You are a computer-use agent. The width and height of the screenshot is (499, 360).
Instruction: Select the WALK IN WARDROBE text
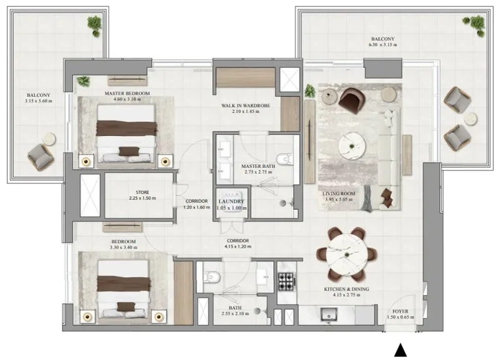pos(246,105)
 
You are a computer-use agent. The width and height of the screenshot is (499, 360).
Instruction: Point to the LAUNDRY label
pos(231,202)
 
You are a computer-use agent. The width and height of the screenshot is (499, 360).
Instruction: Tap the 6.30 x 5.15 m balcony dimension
pos(383,46)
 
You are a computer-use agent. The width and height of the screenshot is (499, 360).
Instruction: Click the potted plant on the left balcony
pos(95,24)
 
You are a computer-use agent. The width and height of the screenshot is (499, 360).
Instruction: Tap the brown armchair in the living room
pos(352,98)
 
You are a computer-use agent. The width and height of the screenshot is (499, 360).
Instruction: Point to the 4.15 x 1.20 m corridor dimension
pos(238,246)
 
